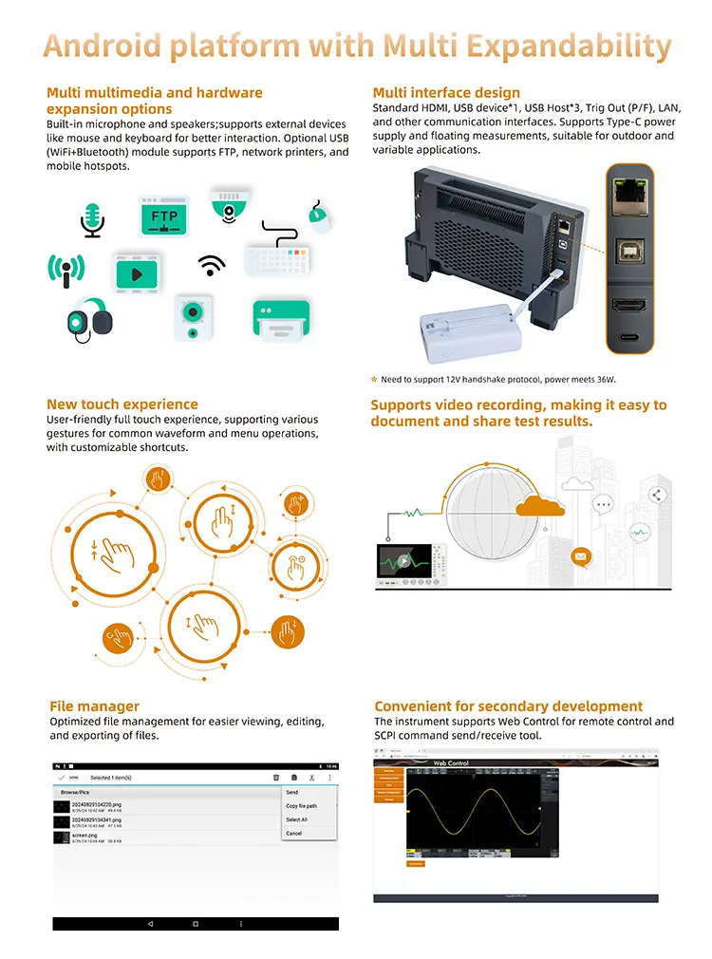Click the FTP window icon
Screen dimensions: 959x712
164,216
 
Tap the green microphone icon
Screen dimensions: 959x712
93,218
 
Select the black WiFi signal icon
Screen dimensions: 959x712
211,264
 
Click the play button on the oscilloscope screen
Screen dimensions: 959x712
404,559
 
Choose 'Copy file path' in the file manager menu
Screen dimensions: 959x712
302,805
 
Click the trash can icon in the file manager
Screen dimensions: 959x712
275,778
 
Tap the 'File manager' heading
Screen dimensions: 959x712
94,706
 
